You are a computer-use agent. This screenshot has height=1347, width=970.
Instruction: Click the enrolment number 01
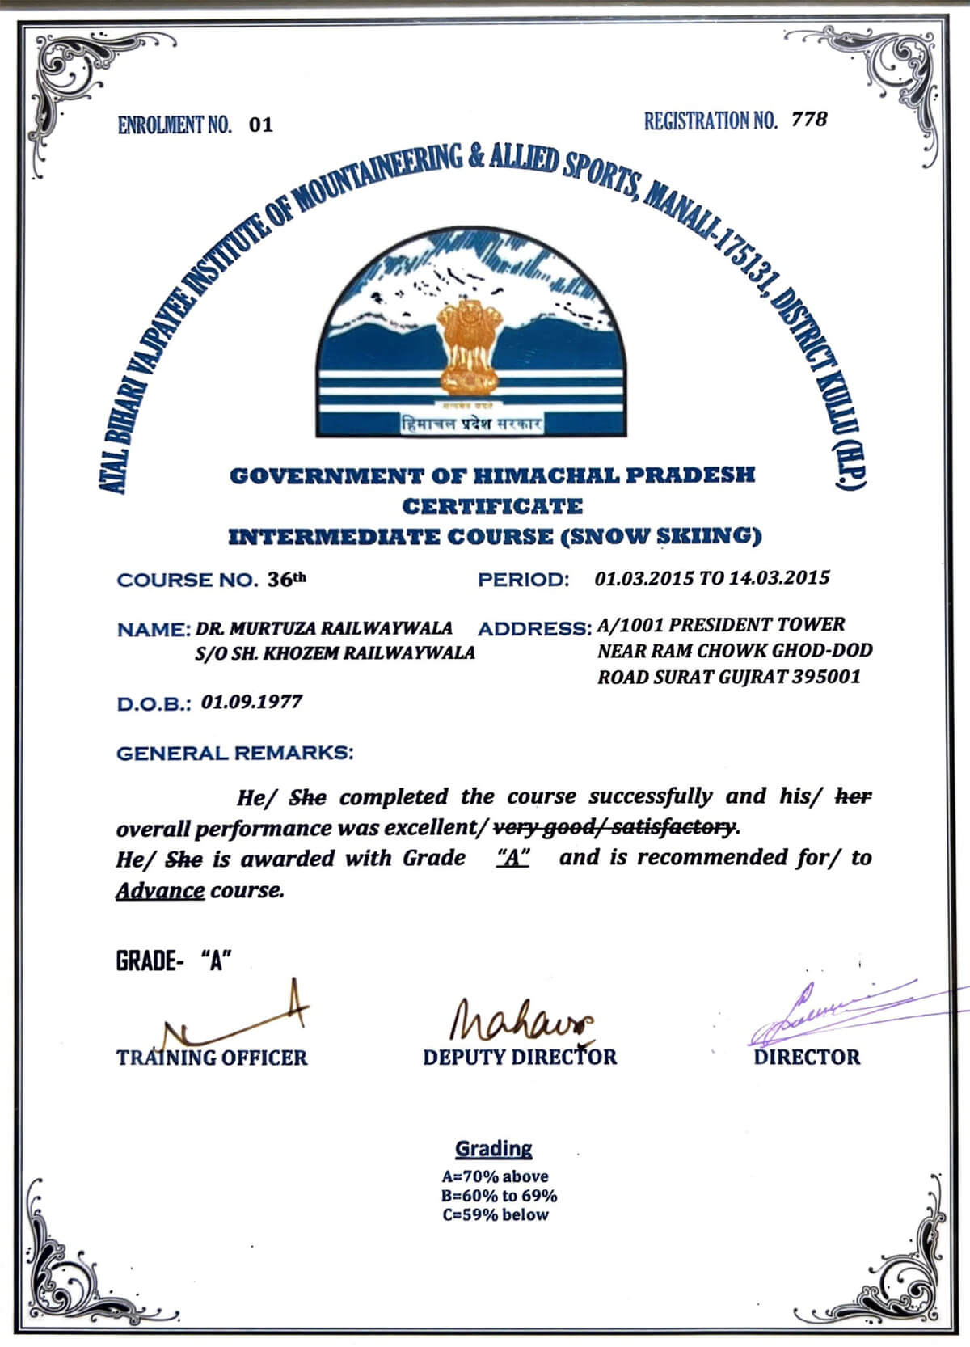pyautogui.click(x=261, y=125)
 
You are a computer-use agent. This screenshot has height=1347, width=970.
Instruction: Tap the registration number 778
pyautogui.click(x=809, y=120)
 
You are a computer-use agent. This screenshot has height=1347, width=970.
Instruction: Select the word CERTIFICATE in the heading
pyautogui.click(x=492, y=507)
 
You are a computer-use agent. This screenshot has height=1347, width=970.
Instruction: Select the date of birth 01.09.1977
pyautogui.click(x=251, y=702)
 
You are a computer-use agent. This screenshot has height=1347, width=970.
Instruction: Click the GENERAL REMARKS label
pyautogui.click(x=235, y=754)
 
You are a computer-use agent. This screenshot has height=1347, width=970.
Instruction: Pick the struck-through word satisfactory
pyautogui.click(x=675, y=828)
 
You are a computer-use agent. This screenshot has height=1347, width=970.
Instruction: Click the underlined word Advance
pyautogui.click(x=160, y=891)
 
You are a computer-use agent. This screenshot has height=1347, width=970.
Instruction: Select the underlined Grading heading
pyautogui.click(x=493, y=1149)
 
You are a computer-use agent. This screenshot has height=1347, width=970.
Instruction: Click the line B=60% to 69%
pyautogui.click(x=499, y=1196)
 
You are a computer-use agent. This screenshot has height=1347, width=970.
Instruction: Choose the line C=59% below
pyautogui.click(x=495, y=1215)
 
